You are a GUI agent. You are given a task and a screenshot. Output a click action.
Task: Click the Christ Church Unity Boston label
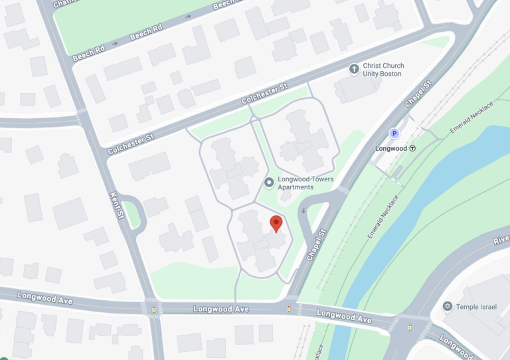[383, 70]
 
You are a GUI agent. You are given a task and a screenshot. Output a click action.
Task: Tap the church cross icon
[355, 69]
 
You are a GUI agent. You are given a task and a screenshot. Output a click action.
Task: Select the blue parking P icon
[394, 134]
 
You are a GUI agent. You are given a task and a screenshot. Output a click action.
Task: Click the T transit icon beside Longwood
[412, 149]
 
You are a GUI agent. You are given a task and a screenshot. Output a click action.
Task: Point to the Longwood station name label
[391, 149]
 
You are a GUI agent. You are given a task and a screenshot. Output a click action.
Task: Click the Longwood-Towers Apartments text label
[305, 183]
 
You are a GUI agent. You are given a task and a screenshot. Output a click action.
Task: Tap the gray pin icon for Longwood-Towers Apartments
[269, 182]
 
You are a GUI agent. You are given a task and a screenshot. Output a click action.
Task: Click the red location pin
[276, 224]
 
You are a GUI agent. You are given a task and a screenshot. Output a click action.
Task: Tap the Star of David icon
[448, 306]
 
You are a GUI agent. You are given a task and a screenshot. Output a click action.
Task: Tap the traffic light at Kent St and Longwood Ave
[155, 309]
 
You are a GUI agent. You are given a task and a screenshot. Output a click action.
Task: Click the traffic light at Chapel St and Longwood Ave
[289, 309]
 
